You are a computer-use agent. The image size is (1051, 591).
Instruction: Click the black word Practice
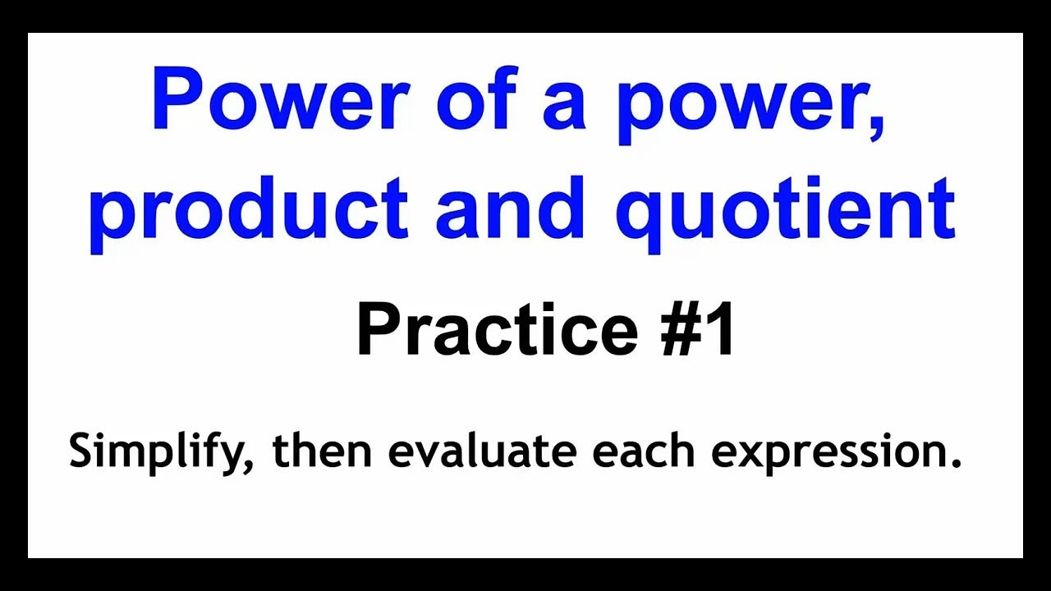click(496, 330)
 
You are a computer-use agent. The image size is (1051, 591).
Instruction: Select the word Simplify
click(156, 452)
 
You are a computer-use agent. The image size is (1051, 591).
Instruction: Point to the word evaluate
click(483, 451)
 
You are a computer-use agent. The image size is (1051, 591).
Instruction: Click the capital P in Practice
click(376, 330)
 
